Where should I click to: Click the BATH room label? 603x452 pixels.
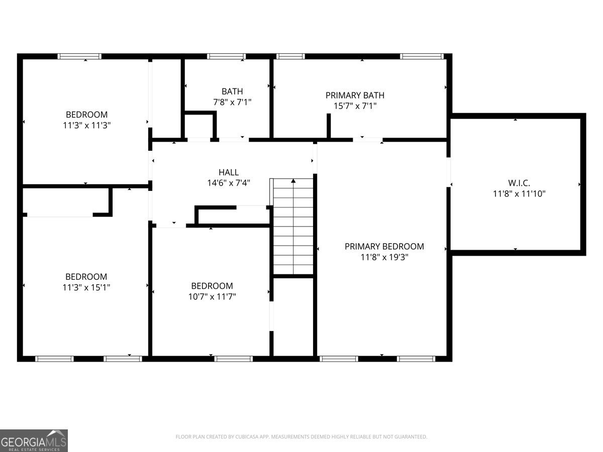coord(232,91)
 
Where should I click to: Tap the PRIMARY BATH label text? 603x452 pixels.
coord(355,95)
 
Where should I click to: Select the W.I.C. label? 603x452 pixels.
coord(519,182)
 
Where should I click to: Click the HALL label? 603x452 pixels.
coord(229,172)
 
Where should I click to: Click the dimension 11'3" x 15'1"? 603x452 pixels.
coord(86,287)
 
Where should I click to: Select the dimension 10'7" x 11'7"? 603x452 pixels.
coord(212,297)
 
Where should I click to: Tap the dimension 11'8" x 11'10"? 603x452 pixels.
coord(519,193)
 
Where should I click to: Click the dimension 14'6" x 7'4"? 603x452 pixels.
coord(229,183)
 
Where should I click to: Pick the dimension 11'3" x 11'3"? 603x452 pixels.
coord(86,125)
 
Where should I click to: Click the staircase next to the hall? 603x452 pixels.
coord(293,231)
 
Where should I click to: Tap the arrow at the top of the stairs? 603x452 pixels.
coord(293,181)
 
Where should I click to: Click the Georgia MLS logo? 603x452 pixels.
coord(34,440)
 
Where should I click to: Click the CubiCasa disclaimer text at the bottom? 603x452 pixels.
coord(301,437)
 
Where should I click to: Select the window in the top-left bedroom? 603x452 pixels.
coord(79,56)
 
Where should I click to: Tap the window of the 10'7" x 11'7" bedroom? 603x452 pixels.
coord(233,359)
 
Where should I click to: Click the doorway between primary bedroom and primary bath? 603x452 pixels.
coord(367,139)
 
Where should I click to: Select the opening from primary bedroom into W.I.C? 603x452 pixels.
coord(448,172)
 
